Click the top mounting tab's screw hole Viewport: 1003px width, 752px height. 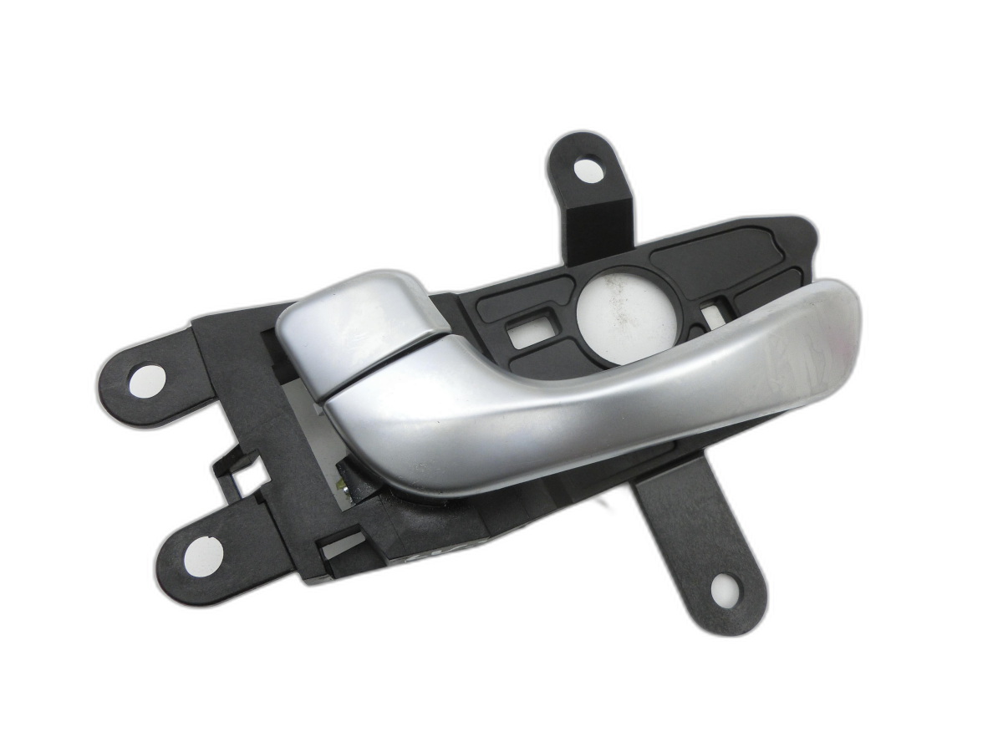[x=588, y=170]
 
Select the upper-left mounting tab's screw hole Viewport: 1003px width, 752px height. [x=146, y=380]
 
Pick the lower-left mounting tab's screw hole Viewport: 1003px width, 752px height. [x=203, y=556]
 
